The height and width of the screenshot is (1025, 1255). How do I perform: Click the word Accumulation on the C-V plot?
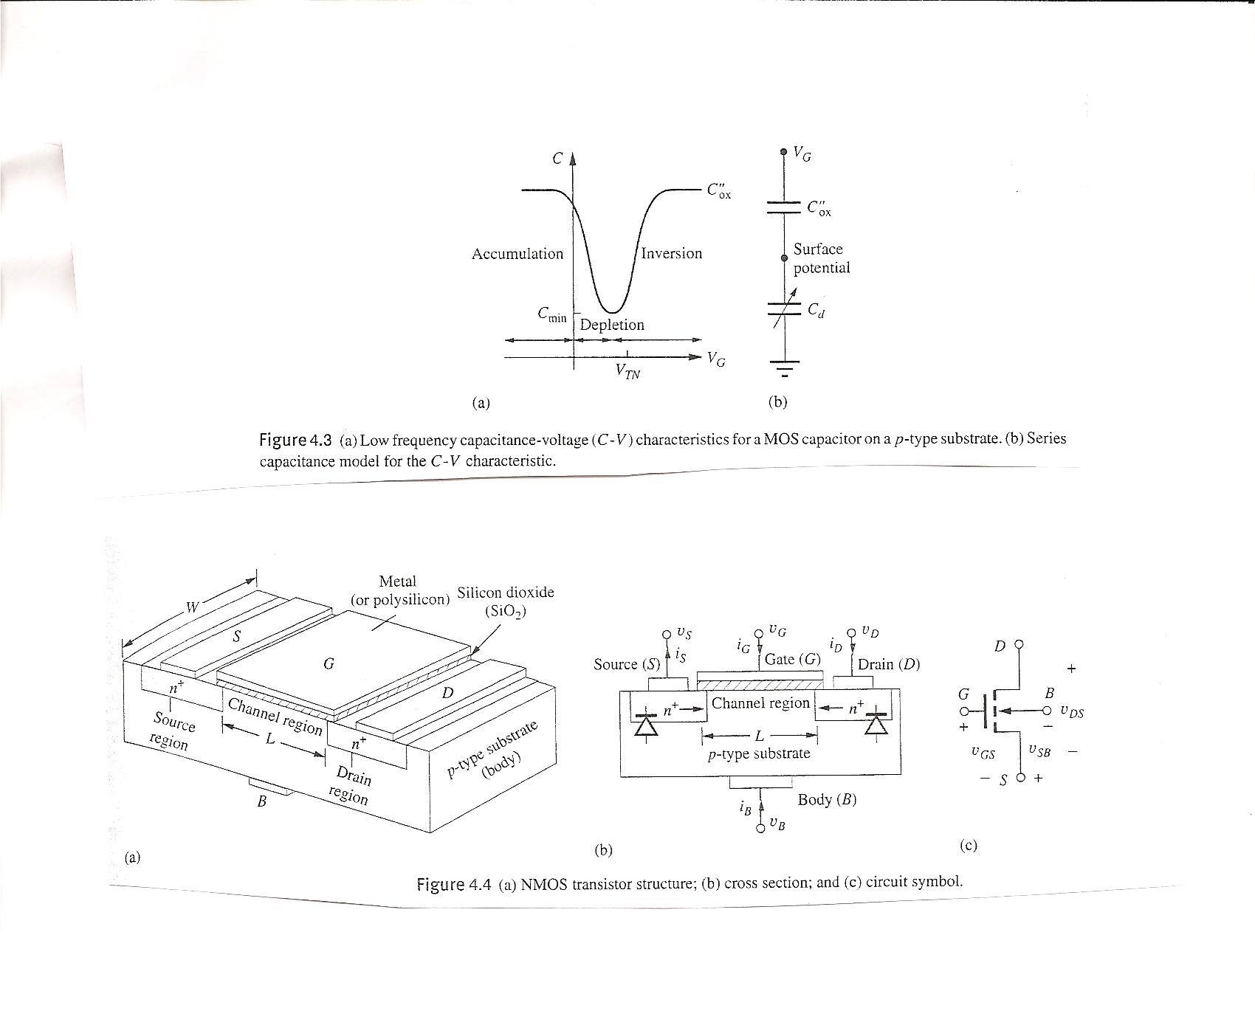tap(517, 254)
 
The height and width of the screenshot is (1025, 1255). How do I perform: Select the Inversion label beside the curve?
tap(671, 253)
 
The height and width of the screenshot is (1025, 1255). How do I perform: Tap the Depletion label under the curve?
tap(611, 325)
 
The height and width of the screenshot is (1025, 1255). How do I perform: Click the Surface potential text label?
tap(821, 258)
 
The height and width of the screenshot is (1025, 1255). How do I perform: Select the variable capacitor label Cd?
tap(816, 311)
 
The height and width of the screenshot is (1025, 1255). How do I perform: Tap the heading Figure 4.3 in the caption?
tap(296, 441)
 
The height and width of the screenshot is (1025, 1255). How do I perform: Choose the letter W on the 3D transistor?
tap(192, 607)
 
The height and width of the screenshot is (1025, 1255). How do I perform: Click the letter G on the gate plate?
tap(329, 664)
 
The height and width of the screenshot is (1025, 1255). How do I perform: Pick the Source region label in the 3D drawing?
tap(172, 730)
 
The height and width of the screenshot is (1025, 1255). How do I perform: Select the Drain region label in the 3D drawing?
tap(351, 785)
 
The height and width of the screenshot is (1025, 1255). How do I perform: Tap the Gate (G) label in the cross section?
tap(792, 659)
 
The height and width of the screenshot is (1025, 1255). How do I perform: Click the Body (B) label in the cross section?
tap(827, 800)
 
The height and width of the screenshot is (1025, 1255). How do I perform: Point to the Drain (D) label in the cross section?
tap(888, 664)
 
